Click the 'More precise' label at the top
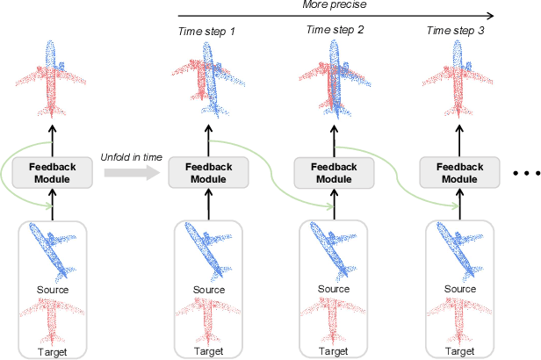(x=334, y=5)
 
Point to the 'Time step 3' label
(x=455, y=31)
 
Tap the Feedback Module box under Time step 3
(x=457, y=171)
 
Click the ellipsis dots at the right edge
(x=525, y=173)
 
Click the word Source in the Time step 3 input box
(x=457, y=289)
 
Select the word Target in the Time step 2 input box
(x=332, y=349)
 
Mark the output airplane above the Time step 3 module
(x=457, y=79)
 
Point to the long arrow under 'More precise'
(x=334, y=16)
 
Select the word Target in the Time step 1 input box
(x=207, y=349)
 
